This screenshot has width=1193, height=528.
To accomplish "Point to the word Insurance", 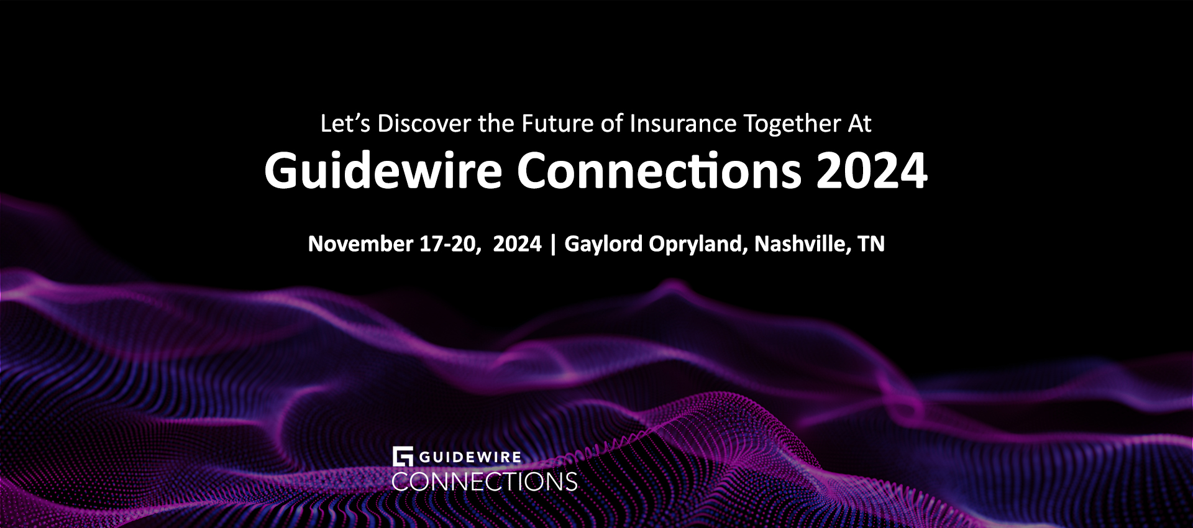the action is (x=683, y=124).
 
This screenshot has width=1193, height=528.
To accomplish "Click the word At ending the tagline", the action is (x=860, y=124).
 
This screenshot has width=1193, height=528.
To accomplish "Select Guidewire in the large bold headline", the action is (x=383, y=170).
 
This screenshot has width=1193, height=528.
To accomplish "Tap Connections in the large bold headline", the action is (x=659, y=170).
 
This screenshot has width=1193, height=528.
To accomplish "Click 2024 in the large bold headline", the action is (x=872, y=170).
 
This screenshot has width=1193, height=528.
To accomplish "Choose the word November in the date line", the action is (x=360, y=244).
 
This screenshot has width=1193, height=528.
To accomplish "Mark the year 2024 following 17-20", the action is (x=517, y=244).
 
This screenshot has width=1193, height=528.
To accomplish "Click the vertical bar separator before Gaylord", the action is (x=553, y=244).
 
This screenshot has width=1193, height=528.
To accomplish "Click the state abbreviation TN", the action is (x=871, y=244).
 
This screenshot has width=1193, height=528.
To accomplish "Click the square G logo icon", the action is (x=403, y=457).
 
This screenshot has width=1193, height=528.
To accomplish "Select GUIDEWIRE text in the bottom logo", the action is (x=470, y=457).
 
